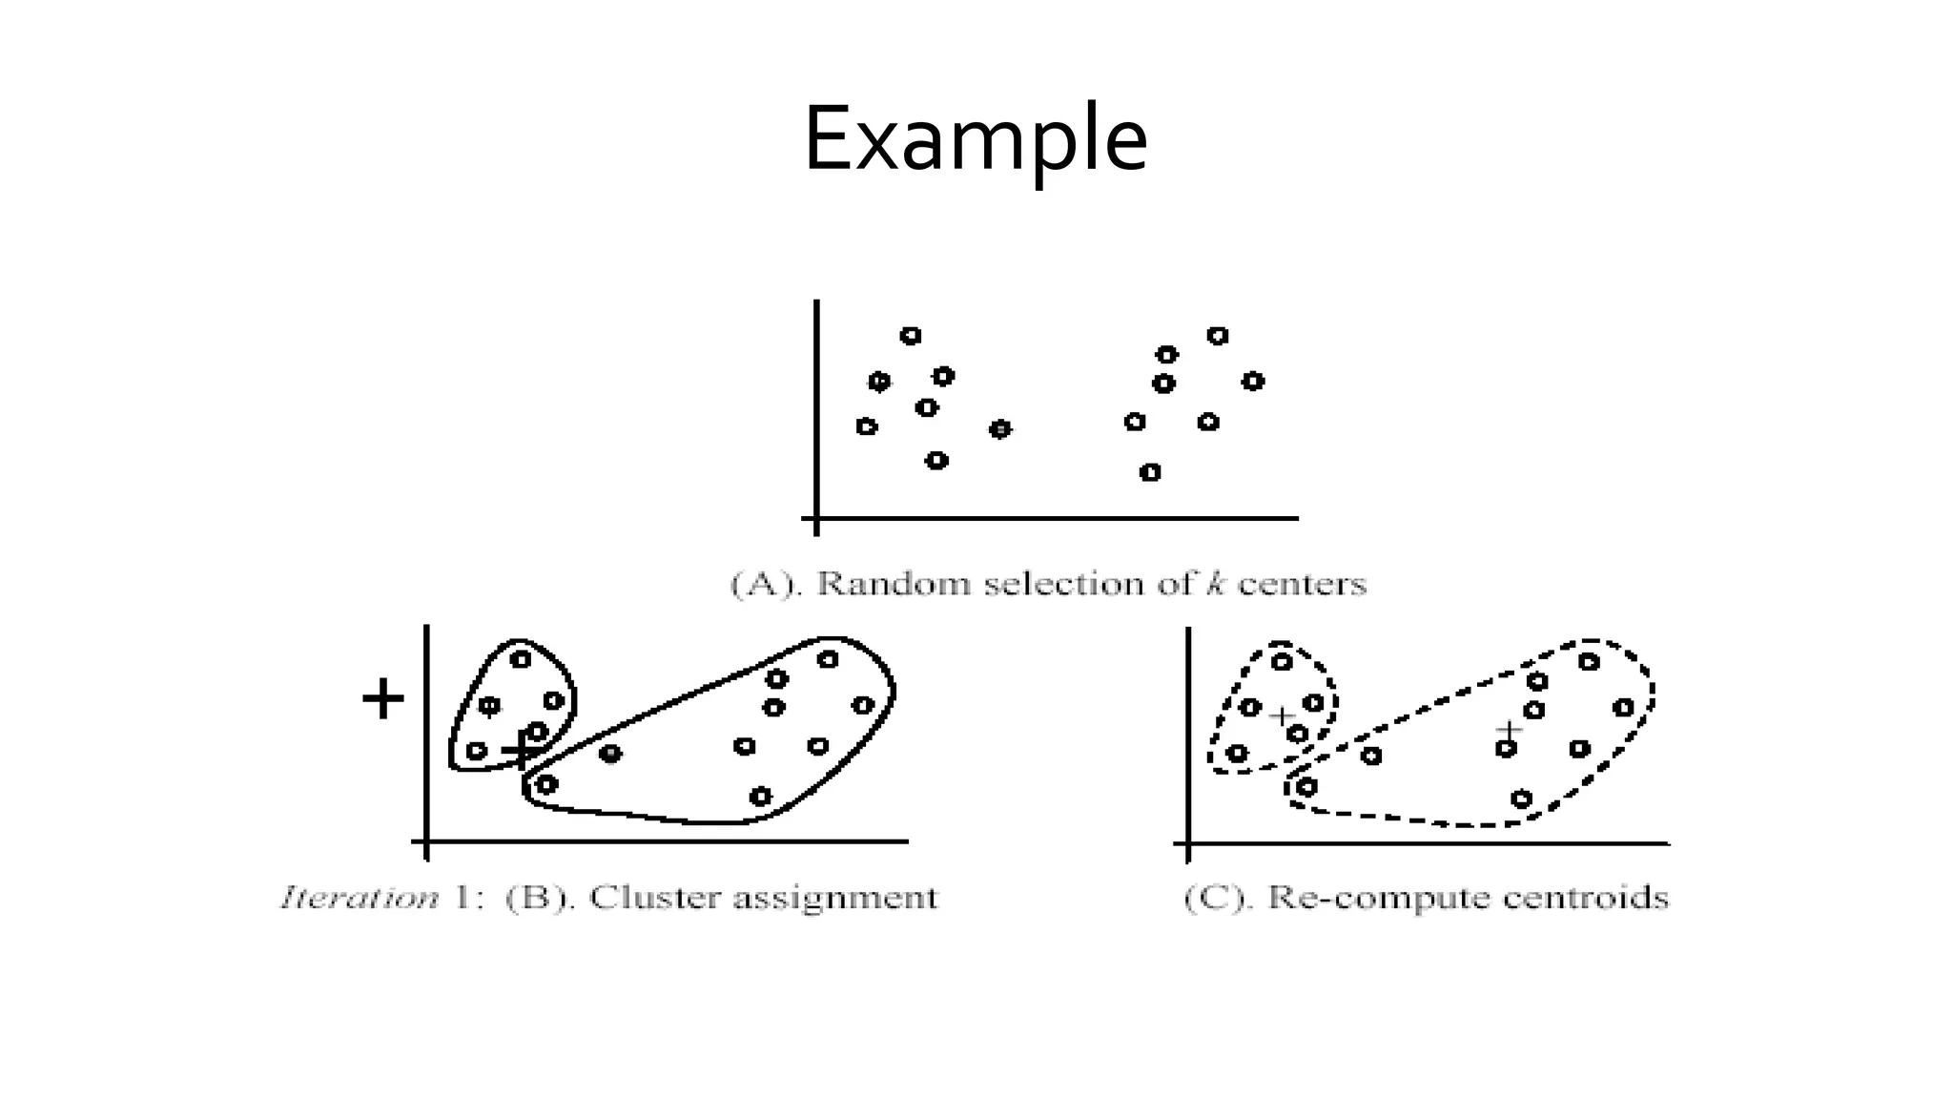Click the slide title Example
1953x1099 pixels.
976,139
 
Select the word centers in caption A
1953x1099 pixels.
1302,583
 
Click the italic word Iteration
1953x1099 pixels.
360,898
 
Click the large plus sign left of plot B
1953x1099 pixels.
383,699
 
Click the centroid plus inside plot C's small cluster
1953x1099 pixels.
1283,715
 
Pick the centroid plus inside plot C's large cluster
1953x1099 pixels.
1508,731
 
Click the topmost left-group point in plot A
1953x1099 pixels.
911,336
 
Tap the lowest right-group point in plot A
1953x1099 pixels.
1150,472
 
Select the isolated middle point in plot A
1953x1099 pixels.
999,429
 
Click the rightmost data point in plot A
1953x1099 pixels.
1253,382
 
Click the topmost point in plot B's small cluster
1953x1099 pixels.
520,659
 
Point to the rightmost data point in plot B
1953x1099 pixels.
863,705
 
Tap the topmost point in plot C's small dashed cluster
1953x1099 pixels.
1282,661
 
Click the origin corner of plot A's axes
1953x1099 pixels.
816,519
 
